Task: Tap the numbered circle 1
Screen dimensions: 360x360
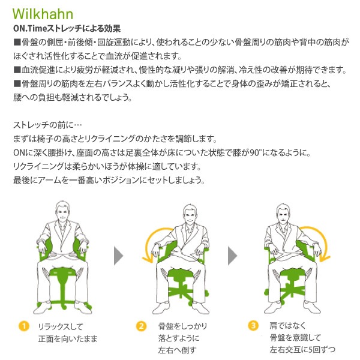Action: click(23, 326)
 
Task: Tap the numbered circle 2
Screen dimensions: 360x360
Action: click(141, 326)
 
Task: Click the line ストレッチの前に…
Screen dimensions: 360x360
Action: click(43, 125)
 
